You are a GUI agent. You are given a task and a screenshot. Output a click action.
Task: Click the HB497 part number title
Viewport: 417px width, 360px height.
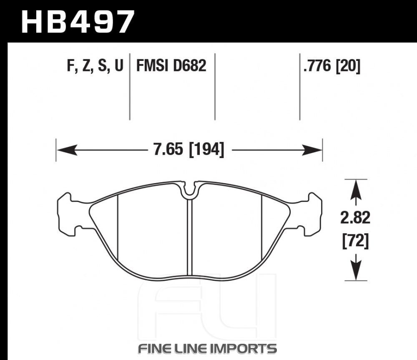coord(78,22)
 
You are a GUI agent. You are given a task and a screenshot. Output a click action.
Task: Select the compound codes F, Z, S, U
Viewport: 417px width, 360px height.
coord(95,65)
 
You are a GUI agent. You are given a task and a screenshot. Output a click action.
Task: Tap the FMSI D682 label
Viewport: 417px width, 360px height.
coord(171,65)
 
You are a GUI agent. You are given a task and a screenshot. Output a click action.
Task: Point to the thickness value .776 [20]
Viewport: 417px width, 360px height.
coord(332,66)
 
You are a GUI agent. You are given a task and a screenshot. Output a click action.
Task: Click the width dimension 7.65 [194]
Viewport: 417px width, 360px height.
coord(189,149)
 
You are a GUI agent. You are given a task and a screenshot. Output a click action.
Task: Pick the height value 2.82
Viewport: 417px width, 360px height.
coord(355,218)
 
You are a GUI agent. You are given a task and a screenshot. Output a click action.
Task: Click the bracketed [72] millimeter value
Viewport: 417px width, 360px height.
coord(356,241)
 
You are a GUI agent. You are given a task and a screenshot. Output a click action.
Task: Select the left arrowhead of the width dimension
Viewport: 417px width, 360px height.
coord(67,150)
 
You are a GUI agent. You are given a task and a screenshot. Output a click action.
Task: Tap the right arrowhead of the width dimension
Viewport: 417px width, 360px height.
coord(311,150)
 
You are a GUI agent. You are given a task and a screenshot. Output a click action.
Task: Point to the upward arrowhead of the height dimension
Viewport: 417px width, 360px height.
coord(356,189)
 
